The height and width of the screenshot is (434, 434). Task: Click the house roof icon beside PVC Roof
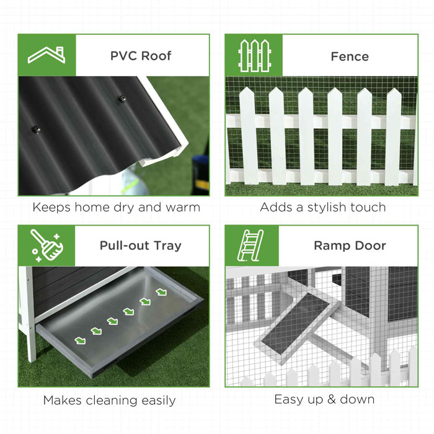(x=46, y=55)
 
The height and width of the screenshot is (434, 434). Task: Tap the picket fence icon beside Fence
(x=254, y=55)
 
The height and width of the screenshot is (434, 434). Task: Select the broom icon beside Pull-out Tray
(x=46, y=246)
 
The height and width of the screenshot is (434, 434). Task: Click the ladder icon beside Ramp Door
(x=252, y=246)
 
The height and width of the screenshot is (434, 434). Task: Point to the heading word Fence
(x=350, y=56)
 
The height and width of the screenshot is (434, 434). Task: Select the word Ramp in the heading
(x=330, y=246)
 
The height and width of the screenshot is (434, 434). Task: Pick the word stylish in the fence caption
(x=329, y=207)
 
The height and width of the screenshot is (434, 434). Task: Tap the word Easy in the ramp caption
(x=292, y=399)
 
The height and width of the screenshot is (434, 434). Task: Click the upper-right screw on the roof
(x=122, y=99)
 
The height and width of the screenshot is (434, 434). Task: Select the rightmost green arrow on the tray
(x=162, y=290)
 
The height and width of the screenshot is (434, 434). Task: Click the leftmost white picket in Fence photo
(x=247, y=136)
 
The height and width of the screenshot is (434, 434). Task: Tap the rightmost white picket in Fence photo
(x=394, y=136)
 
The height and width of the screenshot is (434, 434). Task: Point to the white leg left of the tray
(x=29, y=316)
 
